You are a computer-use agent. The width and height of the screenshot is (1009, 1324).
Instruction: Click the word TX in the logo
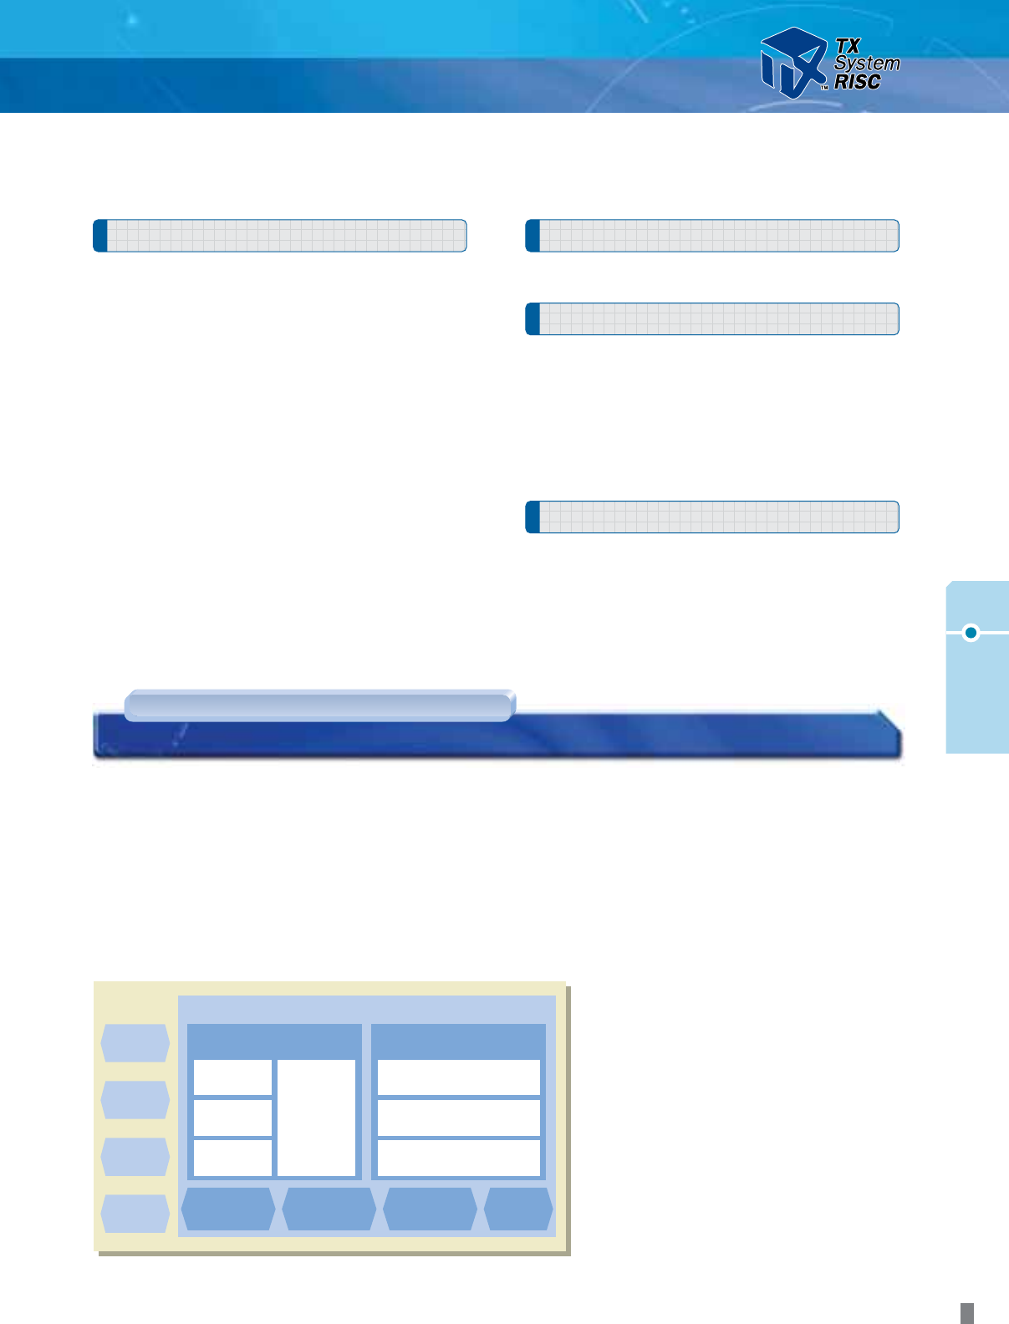point(848,46)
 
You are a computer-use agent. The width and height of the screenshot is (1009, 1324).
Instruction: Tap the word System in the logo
point(867,64)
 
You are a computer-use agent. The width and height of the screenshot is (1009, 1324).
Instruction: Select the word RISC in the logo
point(858,82)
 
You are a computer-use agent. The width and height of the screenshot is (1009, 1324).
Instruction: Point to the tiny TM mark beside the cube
point(823,87)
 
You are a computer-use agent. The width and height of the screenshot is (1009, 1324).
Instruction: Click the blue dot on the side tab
point(971,633)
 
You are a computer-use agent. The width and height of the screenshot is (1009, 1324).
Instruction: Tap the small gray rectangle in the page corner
point(966,1312)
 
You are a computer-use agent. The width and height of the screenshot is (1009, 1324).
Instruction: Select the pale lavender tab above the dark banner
point(319,705)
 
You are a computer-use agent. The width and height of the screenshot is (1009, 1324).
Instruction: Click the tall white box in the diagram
point(316,1118)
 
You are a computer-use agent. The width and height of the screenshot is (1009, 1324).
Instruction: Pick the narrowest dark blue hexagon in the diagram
point(518,1209)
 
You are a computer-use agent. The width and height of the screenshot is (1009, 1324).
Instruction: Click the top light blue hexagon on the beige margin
point(135,1043)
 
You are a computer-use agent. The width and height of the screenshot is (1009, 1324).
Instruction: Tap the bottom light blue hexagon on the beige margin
point(135,1214)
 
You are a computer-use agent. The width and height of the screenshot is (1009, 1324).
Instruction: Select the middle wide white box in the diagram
point(458,1118)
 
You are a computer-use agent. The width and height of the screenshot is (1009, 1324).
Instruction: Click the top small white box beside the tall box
point(232,1077)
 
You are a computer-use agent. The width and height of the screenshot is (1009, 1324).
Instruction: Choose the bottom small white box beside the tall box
point(232,1158)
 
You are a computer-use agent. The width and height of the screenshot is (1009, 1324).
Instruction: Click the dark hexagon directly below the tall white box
point(329,1209)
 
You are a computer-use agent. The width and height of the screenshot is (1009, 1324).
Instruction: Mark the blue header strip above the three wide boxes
point(458,1041)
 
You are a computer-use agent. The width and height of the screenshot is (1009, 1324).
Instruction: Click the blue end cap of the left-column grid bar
point(100,236)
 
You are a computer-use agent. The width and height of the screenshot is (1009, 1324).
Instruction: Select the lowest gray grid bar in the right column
point(712,517)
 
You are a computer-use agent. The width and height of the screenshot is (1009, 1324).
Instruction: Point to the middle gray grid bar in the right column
point(712,319)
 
